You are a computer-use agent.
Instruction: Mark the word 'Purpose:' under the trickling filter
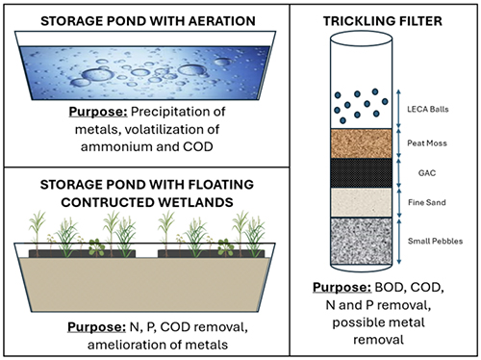[x=340, y=286]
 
